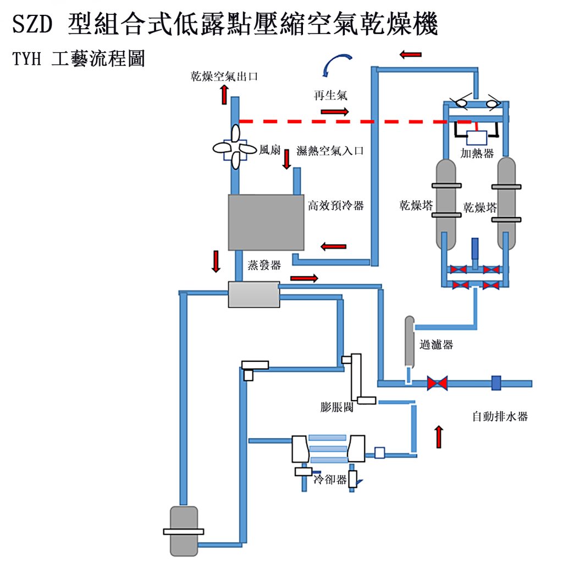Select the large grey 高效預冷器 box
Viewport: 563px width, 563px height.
(266, 222)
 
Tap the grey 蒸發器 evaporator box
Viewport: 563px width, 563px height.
(253, 295)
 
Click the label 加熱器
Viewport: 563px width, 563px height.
(477, 154)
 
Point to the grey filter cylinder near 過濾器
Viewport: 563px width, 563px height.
(409, 341)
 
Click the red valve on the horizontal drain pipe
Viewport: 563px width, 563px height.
(438, 383)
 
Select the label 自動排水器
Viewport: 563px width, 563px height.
(500, 417)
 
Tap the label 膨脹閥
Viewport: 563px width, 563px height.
(336, 407)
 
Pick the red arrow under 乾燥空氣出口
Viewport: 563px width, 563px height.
(224, 95)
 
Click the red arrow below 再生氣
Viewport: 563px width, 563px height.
(334, 112)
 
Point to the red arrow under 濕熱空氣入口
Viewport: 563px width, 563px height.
(286, 158)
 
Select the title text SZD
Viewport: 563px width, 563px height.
(33, 24)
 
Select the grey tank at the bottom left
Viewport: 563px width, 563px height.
(184, 531)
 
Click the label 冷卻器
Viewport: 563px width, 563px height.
(330, 479)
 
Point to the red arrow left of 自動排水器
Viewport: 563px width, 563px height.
(439, 437)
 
